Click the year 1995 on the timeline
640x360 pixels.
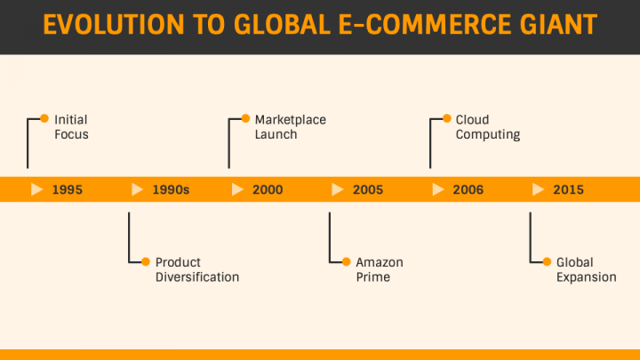tap(68, 189)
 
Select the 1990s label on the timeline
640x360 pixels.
tap(171, 189)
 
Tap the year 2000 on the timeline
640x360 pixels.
tap(268, 189)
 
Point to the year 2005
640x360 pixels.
tap(368, 189)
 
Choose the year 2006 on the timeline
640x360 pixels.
tap(468, 189)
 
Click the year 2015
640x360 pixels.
tap(569, 189)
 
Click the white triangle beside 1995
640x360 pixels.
tap(36, 189)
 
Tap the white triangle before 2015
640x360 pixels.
tap(538, 189)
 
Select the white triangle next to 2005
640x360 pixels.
tap(337, 189)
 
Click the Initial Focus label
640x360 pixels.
tap(71, 127)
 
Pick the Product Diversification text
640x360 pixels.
tap(196, 269)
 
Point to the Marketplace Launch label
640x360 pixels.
tap(290, 127)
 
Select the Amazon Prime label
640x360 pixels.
tap(379, 269)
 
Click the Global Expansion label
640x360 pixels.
tap(586, 269)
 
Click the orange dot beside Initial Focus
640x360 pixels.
tap(43, 118)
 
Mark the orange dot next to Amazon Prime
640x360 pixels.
tap(345, 261)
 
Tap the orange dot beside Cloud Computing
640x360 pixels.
tap(445, 118)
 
